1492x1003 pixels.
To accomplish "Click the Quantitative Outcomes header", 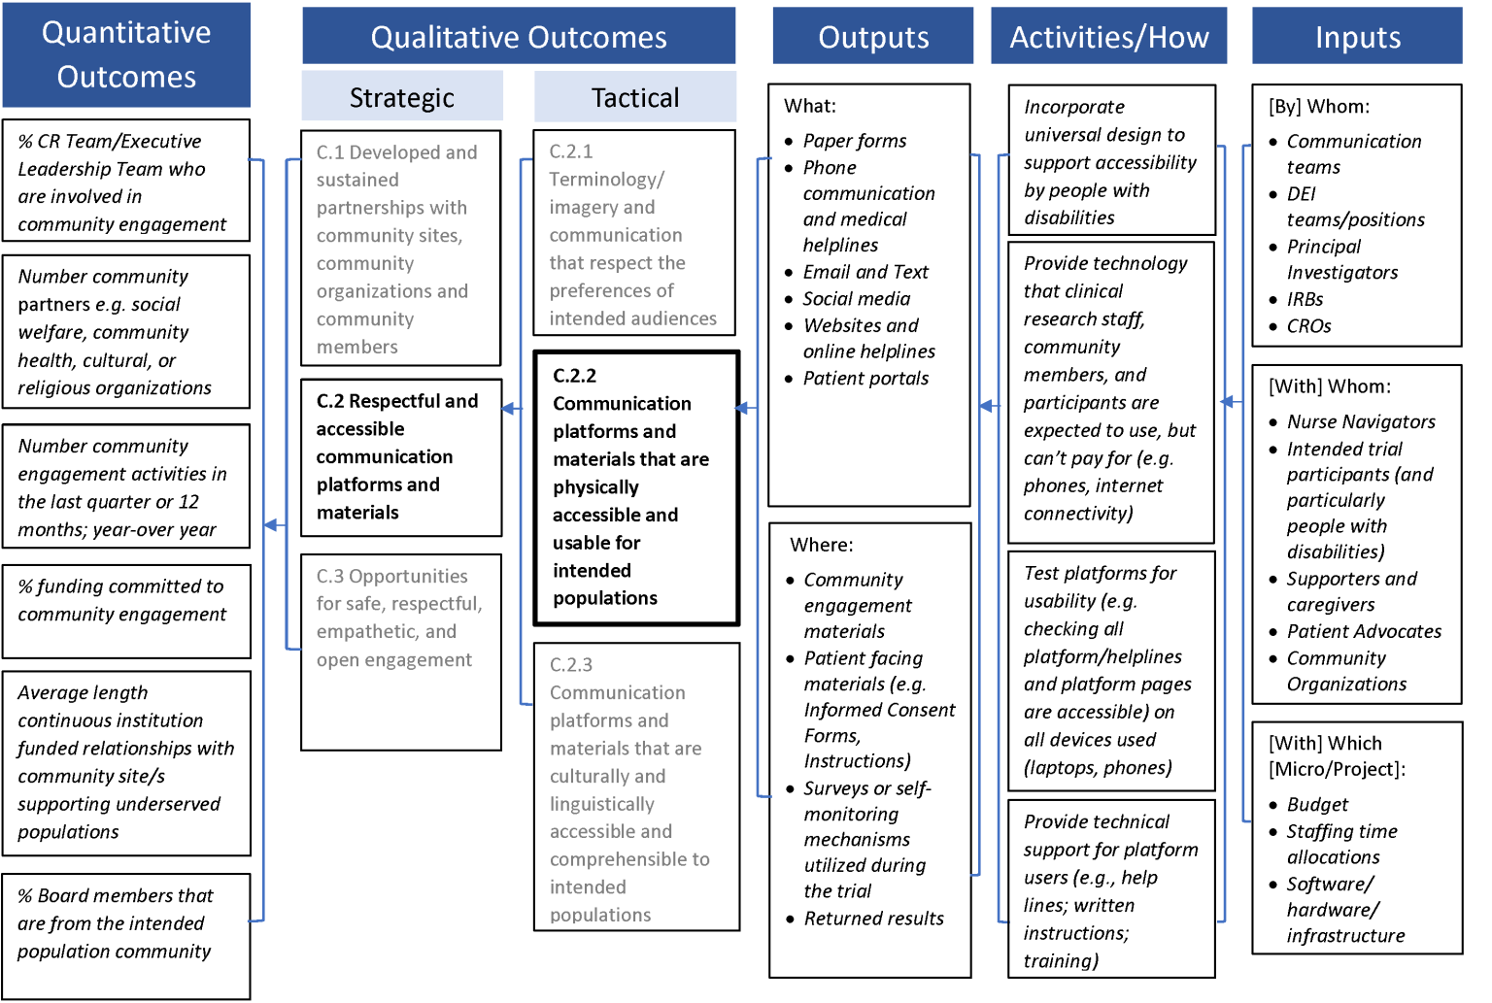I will [x=126, y=54].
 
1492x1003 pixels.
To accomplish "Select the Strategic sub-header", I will [x=401, y=97].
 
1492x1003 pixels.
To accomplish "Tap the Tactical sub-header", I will [x=635, y=97].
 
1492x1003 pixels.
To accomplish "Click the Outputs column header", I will [x=872, y=37].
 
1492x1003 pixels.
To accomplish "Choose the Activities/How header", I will [x=1108, y=37].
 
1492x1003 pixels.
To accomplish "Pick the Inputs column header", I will [x=1357, y=37].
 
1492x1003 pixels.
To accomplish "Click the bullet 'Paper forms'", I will [x=854, y=141].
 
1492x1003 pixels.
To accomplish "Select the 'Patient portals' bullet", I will [x=865, y=378].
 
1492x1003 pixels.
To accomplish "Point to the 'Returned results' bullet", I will [x=872, y=918].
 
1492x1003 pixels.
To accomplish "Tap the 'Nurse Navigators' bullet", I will [x=1360, y=421].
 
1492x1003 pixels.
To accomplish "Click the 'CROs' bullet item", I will [x=1307, y=326].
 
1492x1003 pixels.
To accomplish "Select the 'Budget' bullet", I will [x=1316, y=804].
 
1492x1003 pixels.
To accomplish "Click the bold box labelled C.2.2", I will [x=636, y=487].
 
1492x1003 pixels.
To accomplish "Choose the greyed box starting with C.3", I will [x=401, y=652].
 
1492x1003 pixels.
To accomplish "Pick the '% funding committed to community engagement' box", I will [x=126, y=611].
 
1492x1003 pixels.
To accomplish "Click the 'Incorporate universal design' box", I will [x=1111, y=161].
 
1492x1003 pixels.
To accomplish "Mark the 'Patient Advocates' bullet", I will [x=1363, y=631].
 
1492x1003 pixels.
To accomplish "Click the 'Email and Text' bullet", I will [x=865, y=272].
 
